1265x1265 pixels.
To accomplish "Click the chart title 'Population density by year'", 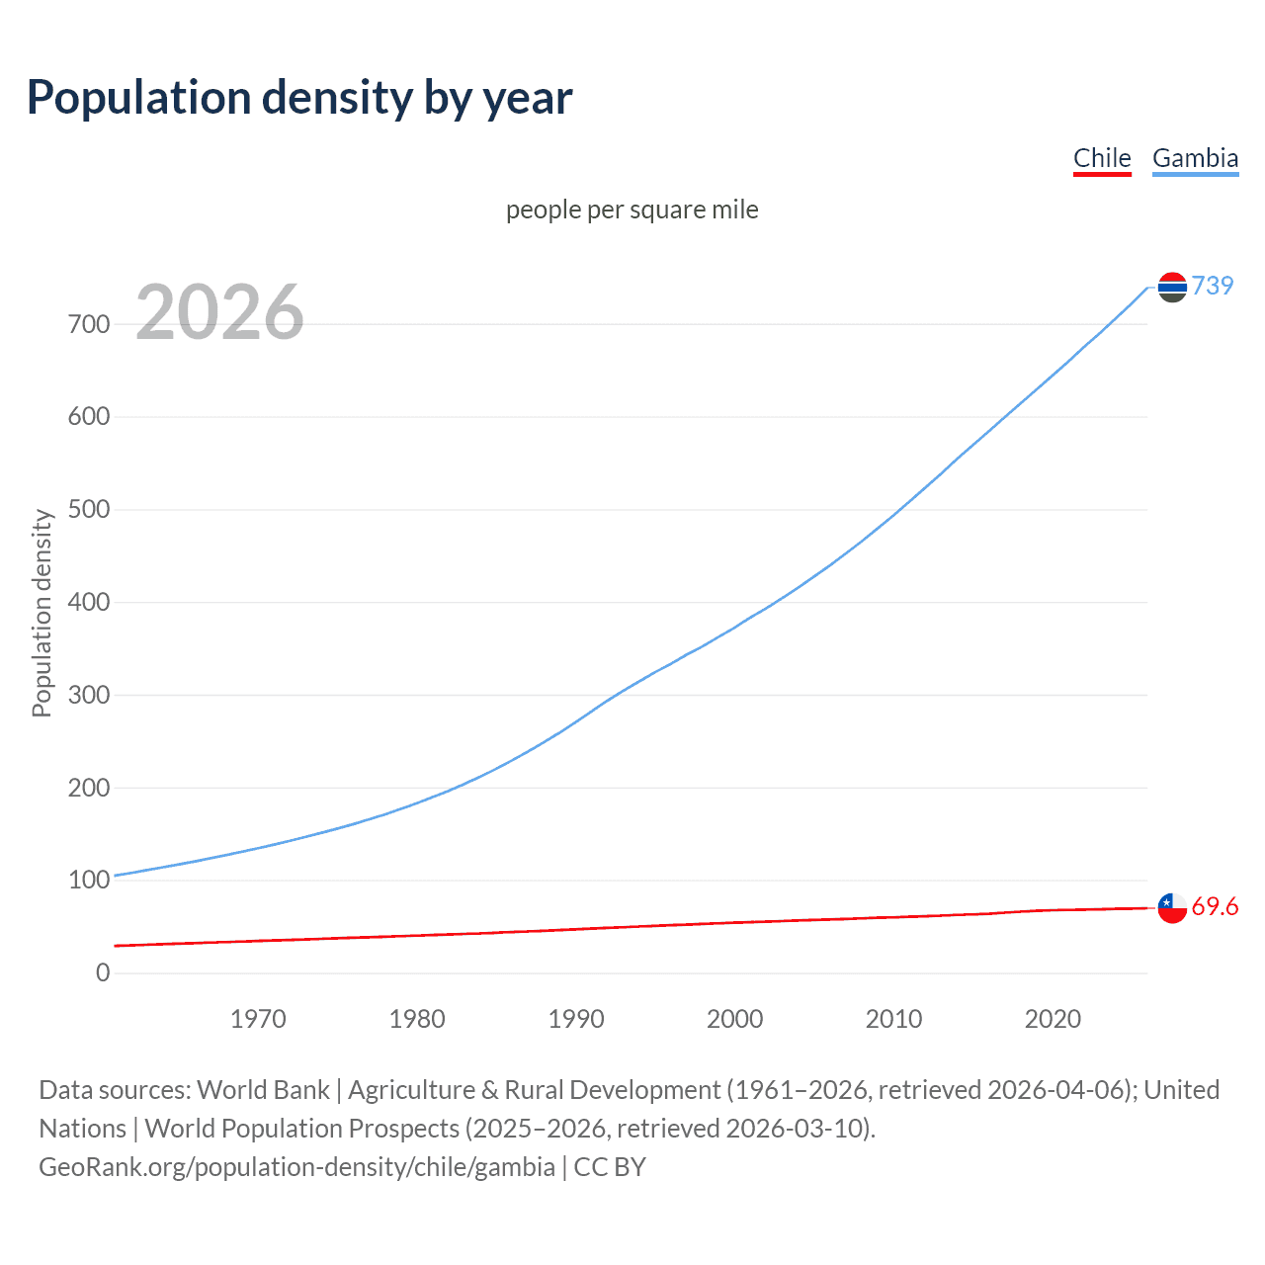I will click(x=299, y=98).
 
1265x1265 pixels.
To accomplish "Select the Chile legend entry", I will click(x=1102, y=158).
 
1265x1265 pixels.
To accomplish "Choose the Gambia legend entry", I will click(x=1195, y=158).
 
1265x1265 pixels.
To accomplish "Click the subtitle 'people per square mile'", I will click(x=632, y=210).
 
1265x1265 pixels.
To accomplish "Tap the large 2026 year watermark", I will click(x=219, y=312).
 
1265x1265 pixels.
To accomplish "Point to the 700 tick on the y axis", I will click(x=89, y=324).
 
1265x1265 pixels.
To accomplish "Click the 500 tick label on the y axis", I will click(x=89, y=510).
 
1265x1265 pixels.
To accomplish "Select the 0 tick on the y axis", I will click(x=103, y=972).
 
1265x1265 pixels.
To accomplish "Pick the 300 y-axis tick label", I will click(x=89, y=695).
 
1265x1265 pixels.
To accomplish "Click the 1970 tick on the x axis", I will click(x=258, y=1019).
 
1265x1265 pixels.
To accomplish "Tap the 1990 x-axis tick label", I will click(x=576, y=1019).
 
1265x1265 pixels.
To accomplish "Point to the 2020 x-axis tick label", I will click(x=1053, y=1019).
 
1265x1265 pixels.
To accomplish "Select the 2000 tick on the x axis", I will click(x=735, y=1019).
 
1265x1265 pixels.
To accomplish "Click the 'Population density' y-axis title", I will click(x=42, y=613).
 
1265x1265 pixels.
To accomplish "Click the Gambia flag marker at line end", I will click(x=1172, y=288).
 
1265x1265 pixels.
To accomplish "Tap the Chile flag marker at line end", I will click(x=1172, y=907).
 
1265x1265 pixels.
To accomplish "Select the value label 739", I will click(x=1213, y=286).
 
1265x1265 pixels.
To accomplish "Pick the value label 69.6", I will click(x=1215, y=907).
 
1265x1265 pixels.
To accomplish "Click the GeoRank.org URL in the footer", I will click(x=296, y=1167).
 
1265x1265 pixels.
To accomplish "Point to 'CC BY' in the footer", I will click(x=610, y=1167).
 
